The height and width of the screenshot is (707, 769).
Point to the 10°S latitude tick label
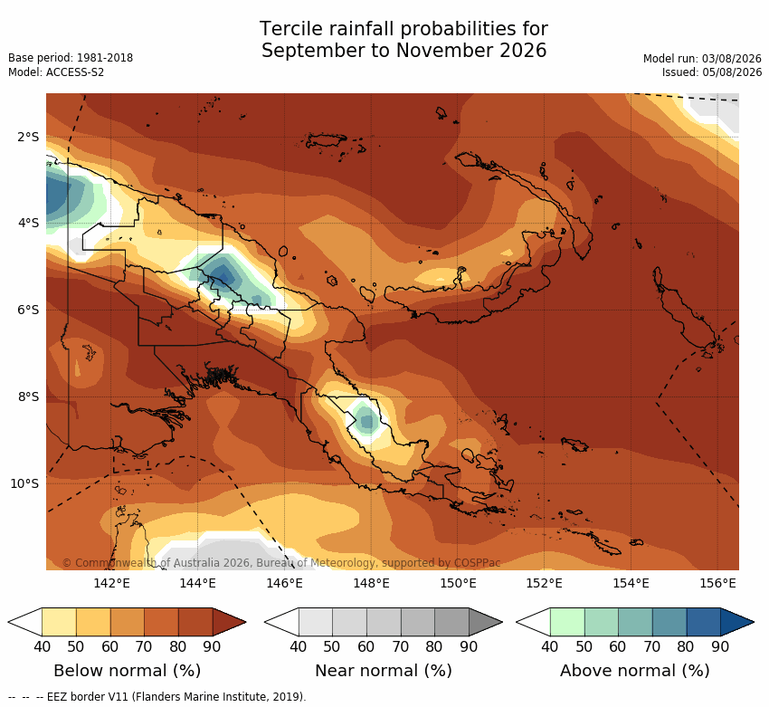(x=24, y=483)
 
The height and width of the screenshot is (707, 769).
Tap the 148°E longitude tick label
(x=372, y=583)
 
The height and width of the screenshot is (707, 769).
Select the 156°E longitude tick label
(x=718, y=583)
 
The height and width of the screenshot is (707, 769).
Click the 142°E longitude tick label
(x=112, y=583)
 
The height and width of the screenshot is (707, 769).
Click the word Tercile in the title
(x=292, y=29)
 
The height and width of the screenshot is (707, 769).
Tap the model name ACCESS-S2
(x=75, y=72)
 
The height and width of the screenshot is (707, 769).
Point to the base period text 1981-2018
(x=105, y=58)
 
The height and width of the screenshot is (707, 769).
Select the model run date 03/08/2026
(x=732, y=59)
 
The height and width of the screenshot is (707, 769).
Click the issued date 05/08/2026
(x=732, y=72)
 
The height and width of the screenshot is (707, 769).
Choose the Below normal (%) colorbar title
(x=128, y=671)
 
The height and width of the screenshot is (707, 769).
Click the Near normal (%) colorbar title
(x=384, y=671)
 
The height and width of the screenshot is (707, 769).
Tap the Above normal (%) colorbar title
(x=635, y=671)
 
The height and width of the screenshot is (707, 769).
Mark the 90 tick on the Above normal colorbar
(x=720, y=646)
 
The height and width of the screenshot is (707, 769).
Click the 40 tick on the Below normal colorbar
(x=43, y=646)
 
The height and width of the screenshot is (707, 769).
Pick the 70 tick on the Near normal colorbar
(x=400, y=646)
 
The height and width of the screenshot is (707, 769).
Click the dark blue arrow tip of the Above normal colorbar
(x=754, y=622)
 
